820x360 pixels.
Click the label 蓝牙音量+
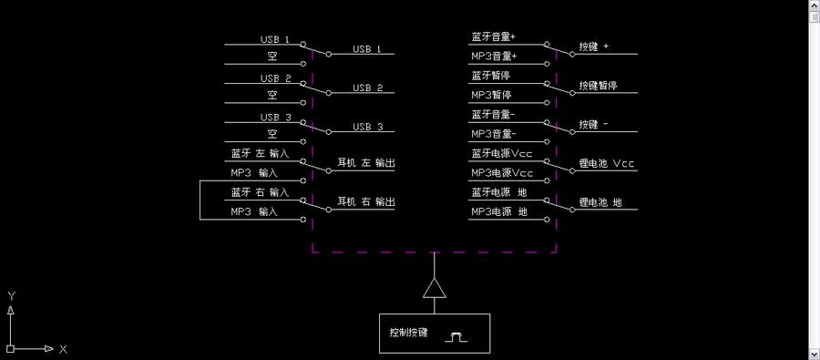click(x=493, y=37)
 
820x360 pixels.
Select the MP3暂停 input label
click(x=491, y=95)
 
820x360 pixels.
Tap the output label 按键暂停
click(x=598, y=86)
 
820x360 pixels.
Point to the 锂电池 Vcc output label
click(x=607, y=164)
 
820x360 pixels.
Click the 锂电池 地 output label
click(x=600, y=202)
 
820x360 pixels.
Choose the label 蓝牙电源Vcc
click(x=501, y=153)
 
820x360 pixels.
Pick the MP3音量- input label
click(x=493, y=134)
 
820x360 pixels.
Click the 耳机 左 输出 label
click(x=366, y=163)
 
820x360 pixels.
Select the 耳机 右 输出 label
click(x=366, y=201)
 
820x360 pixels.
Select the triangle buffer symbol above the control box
click(x=434, y=289)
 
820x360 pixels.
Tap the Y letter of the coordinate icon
click(x=11, y=296)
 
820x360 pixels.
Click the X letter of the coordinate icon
click(x=63, y=349)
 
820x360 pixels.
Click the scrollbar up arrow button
click(x=814, y=6)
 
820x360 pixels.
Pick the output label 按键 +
click(x=594, y=46)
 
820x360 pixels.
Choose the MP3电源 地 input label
click(x=498, y=211)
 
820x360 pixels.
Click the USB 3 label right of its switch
click(x=367, y=127)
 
